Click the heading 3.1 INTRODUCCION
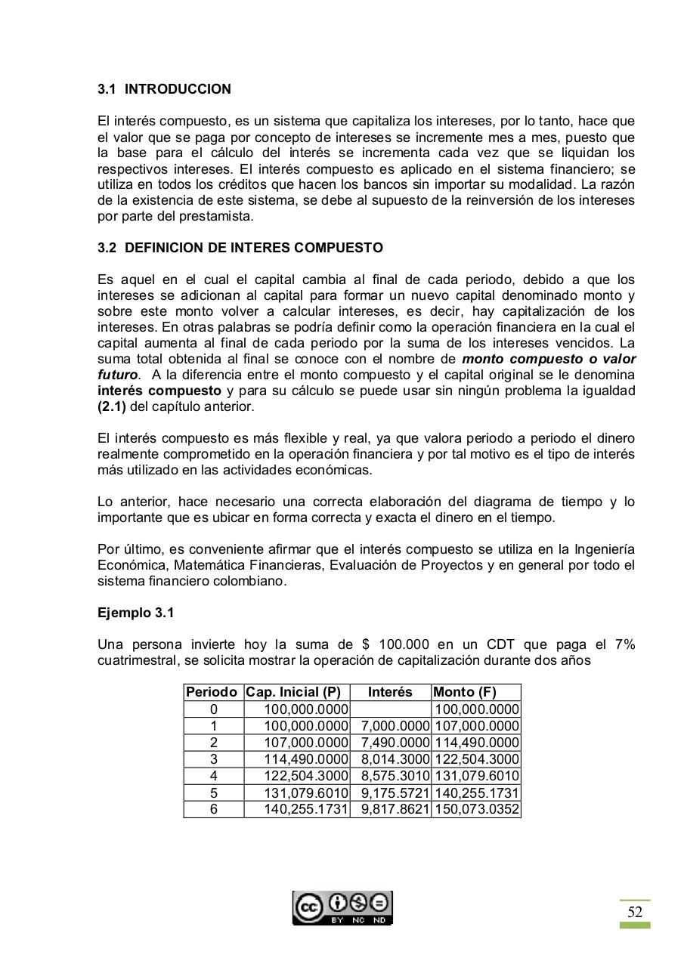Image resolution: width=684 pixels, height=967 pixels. pyautogui.click(x=164, y=89)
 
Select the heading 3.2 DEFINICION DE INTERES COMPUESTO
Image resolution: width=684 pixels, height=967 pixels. pyautogui.click(x=240, y=248)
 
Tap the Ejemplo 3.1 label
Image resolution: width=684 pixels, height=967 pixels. pyautogui.click(x=135, y=613)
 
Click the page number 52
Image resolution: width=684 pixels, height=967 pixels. pyautogui.click(x=634, y=912)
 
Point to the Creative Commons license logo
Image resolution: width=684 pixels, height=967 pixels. pyautogui.click(x=342, y=907)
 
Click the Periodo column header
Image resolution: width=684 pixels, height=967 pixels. pyautogui.click(x=213, y=692)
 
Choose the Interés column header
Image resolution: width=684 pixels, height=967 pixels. pyautogui.click(x=390, y=692)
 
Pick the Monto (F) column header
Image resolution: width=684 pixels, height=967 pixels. pyautogui.click(x=464, y=692)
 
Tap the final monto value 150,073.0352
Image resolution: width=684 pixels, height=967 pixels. pyautogui.click(x=477, y=809)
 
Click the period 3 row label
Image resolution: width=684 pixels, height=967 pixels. pyautogui.click(x=214, y=759)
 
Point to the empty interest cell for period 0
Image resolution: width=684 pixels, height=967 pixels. pyautogui.click(x=391, y=709)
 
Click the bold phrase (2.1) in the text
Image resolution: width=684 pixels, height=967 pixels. pyautogui.click(x=112, y=406)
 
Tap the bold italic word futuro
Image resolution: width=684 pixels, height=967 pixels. pyautogui.click(x=117, y=375)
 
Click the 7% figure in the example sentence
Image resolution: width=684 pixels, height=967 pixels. pyautogui.click(x=624, y=644)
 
